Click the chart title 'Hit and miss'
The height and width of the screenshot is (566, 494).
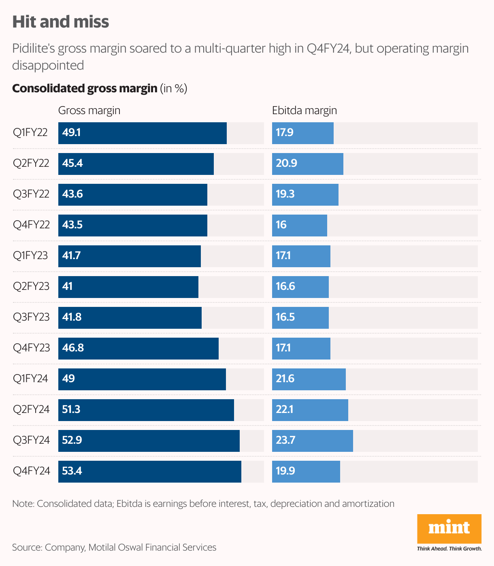61,22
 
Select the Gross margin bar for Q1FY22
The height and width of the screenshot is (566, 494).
142,133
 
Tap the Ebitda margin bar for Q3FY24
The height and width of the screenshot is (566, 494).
312,441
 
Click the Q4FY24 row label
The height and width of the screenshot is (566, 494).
32,471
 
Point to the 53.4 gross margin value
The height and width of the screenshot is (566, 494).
72,471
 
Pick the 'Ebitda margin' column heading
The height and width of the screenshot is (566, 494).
304,111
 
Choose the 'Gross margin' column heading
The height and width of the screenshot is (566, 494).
89,111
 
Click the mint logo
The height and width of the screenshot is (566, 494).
449,528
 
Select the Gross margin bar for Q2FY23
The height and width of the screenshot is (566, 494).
128,287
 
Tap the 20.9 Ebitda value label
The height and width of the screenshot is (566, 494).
286,163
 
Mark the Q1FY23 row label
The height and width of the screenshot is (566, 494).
30,255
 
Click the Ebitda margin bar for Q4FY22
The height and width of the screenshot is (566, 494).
299,226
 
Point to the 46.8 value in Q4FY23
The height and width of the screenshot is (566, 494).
73,348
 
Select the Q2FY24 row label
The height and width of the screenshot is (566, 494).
31,409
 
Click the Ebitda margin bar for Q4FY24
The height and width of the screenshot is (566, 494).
306,472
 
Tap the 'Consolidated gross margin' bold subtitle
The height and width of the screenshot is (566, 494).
85,88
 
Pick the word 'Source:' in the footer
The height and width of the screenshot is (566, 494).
27,547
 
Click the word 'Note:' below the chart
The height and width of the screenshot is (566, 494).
23,504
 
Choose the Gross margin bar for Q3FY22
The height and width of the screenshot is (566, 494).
132,195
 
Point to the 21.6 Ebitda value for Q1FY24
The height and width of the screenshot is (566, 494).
285,379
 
